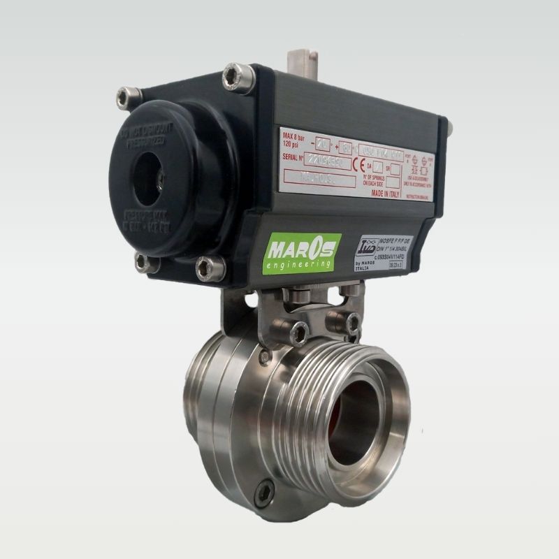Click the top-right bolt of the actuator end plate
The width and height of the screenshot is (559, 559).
[x=235, y=77]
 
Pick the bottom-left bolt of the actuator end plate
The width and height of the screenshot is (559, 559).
[x=143, y=262]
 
